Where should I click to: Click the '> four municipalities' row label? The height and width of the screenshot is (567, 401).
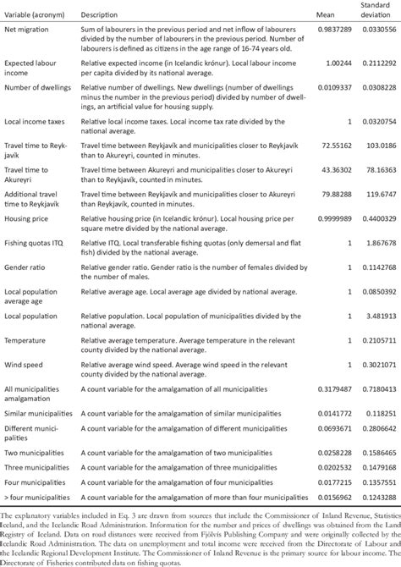click(43, 494)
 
